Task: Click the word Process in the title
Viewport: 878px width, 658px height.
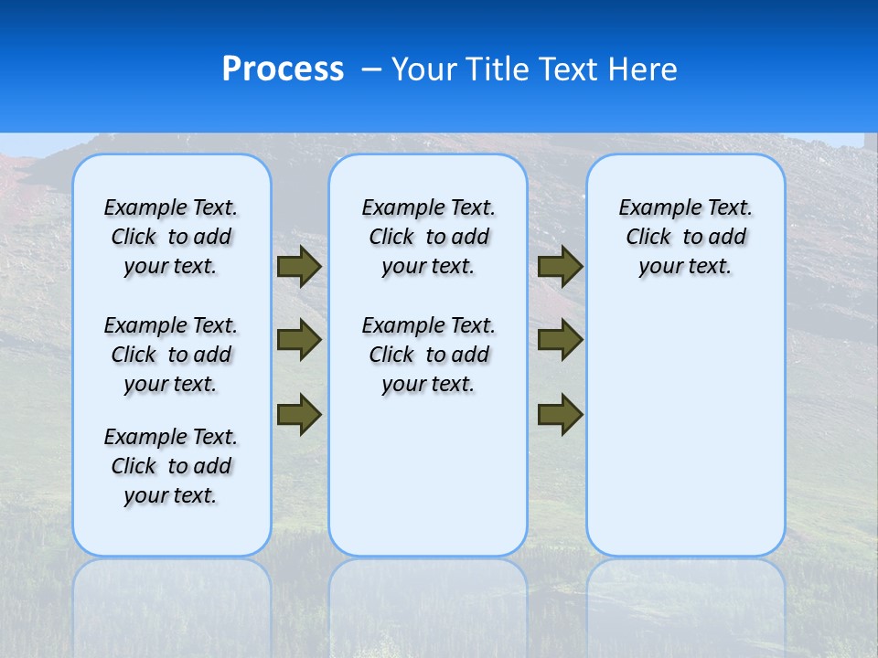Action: click(283, 69)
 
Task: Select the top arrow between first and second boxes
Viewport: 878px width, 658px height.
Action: click(298, 267)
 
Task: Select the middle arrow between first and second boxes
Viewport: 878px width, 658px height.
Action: click(298, 340)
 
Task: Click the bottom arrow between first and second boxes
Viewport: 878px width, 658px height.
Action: click(298, 413)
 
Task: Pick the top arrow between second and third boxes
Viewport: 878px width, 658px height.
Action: click(560, 267)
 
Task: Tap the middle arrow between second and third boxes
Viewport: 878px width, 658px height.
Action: click(560, 340)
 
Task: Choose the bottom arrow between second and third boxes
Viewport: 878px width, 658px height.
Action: click(560, 413)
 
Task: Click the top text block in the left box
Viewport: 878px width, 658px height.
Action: click(171, 238)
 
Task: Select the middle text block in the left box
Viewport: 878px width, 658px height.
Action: click(171, 355)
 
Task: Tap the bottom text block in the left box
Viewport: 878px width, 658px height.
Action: click(171, 466)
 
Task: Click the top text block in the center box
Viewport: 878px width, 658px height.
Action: click(428, 238)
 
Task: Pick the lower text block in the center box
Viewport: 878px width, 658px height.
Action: click(428, 355)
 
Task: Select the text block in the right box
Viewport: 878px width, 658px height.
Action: click(685, 238)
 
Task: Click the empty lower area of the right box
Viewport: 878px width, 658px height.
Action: click(685, 430)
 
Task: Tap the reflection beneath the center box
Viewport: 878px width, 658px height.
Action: click(428, 603)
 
